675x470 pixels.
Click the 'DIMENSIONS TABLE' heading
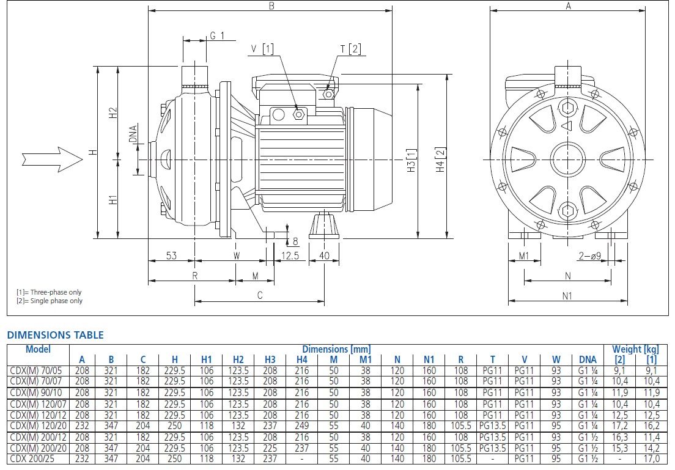(55, 335)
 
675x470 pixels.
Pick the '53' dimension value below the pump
(171, 255)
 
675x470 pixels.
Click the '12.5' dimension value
(290, 255)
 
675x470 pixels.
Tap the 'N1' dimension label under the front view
(567, 296)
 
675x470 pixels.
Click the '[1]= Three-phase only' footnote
(49, 292)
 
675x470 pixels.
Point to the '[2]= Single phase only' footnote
(49, 301)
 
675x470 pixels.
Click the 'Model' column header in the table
(38, 350)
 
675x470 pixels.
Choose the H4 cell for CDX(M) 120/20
(302, 425)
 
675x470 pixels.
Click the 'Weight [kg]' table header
(635, 349)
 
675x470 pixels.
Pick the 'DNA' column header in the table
(588, 360)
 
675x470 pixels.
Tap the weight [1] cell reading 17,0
(652, 458)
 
